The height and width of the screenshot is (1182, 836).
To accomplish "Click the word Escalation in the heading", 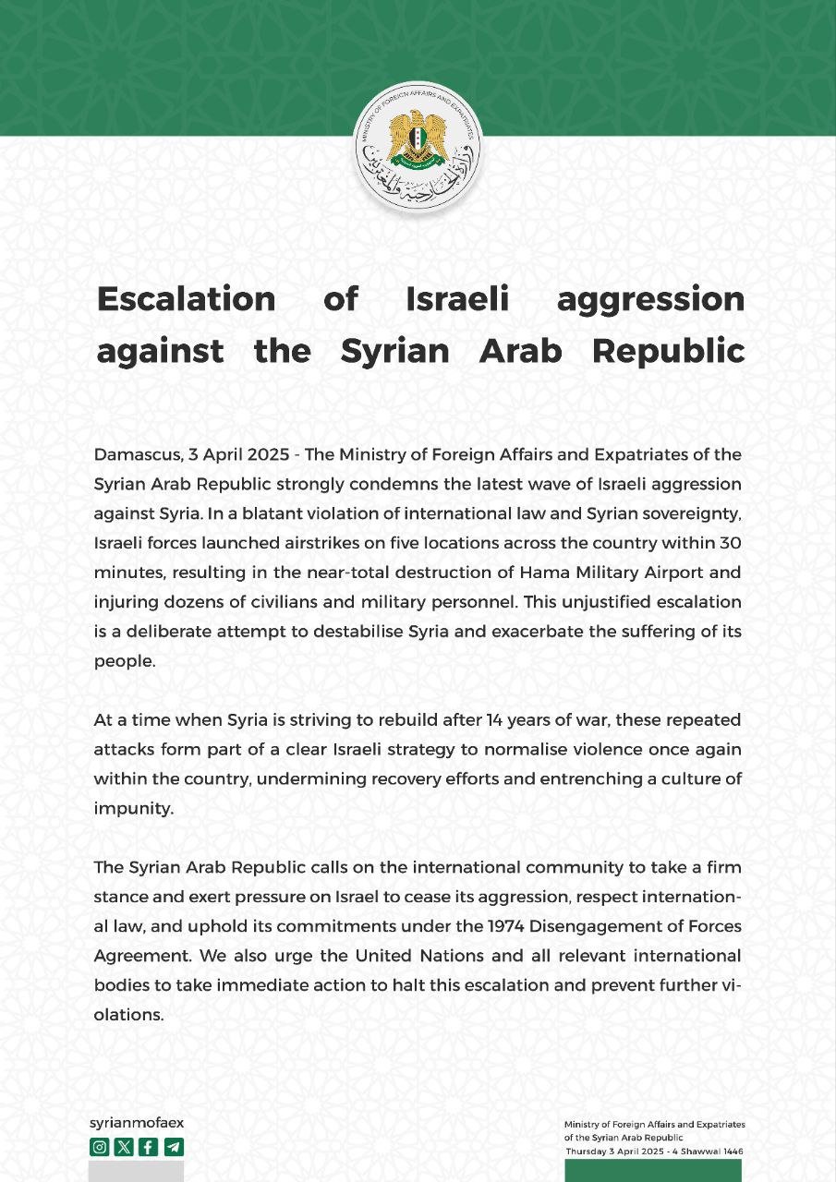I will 186,298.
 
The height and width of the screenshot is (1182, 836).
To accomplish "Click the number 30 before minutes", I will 730,545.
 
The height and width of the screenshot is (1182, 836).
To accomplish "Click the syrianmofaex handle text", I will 136,1123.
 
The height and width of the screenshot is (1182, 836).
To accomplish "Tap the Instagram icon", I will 99,1148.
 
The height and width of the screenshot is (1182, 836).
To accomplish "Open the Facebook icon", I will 149,1148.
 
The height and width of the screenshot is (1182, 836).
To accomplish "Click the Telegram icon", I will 174,1148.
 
